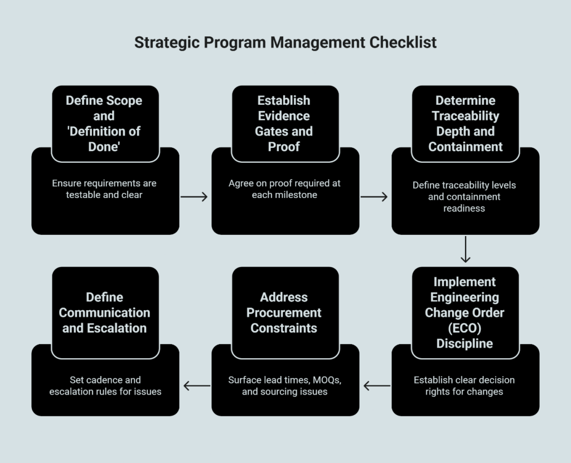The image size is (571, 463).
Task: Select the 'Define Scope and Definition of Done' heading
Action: click(104, 124)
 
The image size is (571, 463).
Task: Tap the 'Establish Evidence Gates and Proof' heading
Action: click(284, 124)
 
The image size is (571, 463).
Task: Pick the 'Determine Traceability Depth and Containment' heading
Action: click(465, 124)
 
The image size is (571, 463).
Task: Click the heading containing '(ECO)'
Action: click(465, 312)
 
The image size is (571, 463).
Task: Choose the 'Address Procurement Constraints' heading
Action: click(284, 312)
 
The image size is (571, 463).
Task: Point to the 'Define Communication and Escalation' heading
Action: click(104, 312)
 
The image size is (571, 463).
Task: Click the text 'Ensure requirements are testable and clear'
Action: click(104, 190)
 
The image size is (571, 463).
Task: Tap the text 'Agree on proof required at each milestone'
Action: click(284, 190)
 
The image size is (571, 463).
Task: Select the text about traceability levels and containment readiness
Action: click(465, 196)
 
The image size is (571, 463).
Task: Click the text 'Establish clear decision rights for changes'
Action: click(464, 385)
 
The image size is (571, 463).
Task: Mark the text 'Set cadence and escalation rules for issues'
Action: click(105, 385)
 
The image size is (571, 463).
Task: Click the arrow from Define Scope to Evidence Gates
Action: click(195, 196)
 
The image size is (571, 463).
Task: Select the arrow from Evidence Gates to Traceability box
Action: click(374, 196)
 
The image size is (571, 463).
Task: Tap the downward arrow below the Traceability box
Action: click(466, 249)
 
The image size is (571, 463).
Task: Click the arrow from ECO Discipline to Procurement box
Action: click(376, 385)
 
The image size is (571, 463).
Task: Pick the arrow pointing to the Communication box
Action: click(196, 385)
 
